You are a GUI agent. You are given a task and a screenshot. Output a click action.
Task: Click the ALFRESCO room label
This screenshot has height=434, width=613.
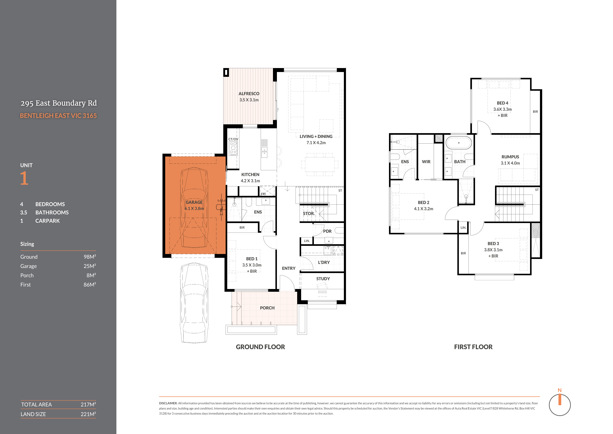[x=249, y=94]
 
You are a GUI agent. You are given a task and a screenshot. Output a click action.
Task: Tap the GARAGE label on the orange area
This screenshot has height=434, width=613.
[x=194, y=202]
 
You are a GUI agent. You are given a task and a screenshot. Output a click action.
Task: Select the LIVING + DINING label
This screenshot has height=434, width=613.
[x=316, y=136]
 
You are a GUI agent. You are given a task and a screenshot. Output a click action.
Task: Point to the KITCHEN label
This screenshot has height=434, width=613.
[x=250, y=175]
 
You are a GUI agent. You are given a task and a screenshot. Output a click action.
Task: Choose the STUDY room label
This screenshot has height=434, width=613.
[x=323, y=279]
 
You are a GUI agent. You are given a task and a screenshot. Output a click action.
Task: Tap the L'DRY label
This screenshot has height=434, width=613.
[x=324, y=262]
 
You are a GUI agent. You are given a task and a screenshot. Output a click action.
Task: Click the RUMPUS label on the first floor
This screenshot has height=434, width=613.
[x=510, y=157]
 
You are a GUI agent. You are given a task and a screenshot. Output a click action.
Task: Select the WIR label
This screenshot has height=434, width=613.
[x=426, y=162]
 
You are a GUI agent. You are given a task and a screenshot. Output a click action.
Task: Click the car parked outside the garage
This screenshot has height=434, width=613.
[x=194, y=303]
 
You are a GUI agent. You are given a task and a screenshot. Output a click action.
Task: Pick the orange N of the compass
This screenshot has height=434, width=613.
[x=560, y=390]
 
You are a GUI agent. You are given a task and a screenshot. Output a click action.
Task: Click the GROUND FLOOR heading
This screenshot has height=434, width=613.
[x=260, y=347]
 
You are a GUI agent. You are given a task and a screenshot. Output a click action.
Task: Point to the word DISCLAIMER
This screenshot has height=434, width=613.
[x=168, y=403]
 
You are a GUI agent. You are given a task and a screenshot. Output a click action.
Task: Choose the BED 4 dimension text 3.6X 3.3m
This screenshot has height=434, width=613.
[x=502, y=109]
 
